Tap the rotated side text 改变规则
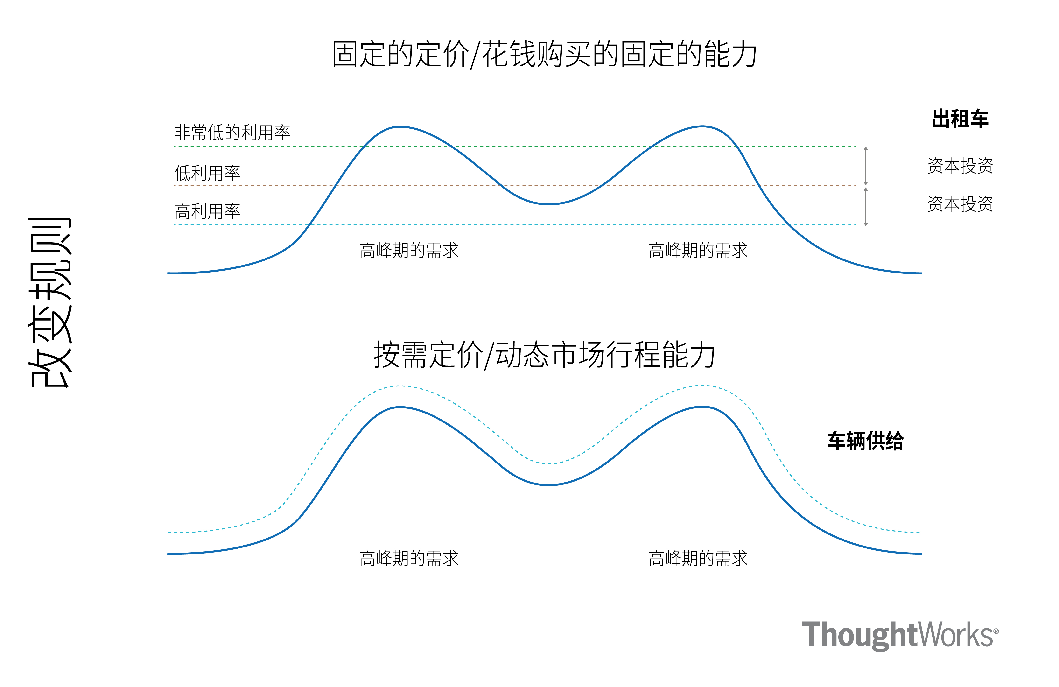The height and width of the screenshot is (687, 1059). [50, 302]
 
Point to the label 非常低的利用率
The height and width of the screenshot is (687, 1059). [232, 132]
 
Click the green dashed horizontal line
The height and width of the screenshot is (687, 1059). [534, 146]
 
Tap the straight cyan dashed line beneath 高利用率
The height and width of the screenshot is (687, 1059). [534, 224]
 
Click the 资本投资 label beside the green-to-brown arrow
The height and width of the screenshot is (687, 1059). [960, 166]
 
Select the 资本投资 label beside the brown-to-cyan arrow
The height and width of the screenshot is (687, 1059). [960, 204]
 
